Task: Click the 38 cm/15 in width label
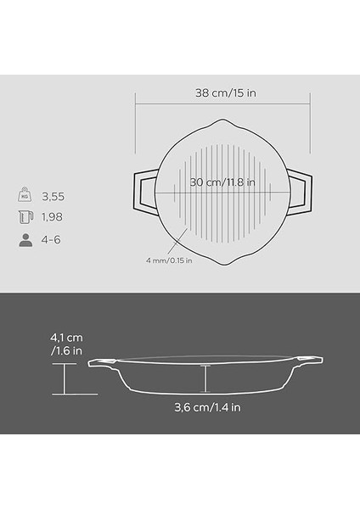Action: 226,93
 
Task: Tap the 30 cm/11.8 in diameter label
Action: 222,182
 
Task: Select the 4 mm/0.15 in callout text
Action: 169,260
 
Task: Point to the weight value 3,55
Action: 53,197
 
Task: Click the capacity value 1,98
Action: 52,217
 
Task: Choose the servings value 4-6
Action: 51,239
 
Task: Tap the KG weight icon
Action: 25,194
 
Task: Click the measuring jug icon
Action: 25,217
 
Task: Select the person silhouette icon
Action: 25,240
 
